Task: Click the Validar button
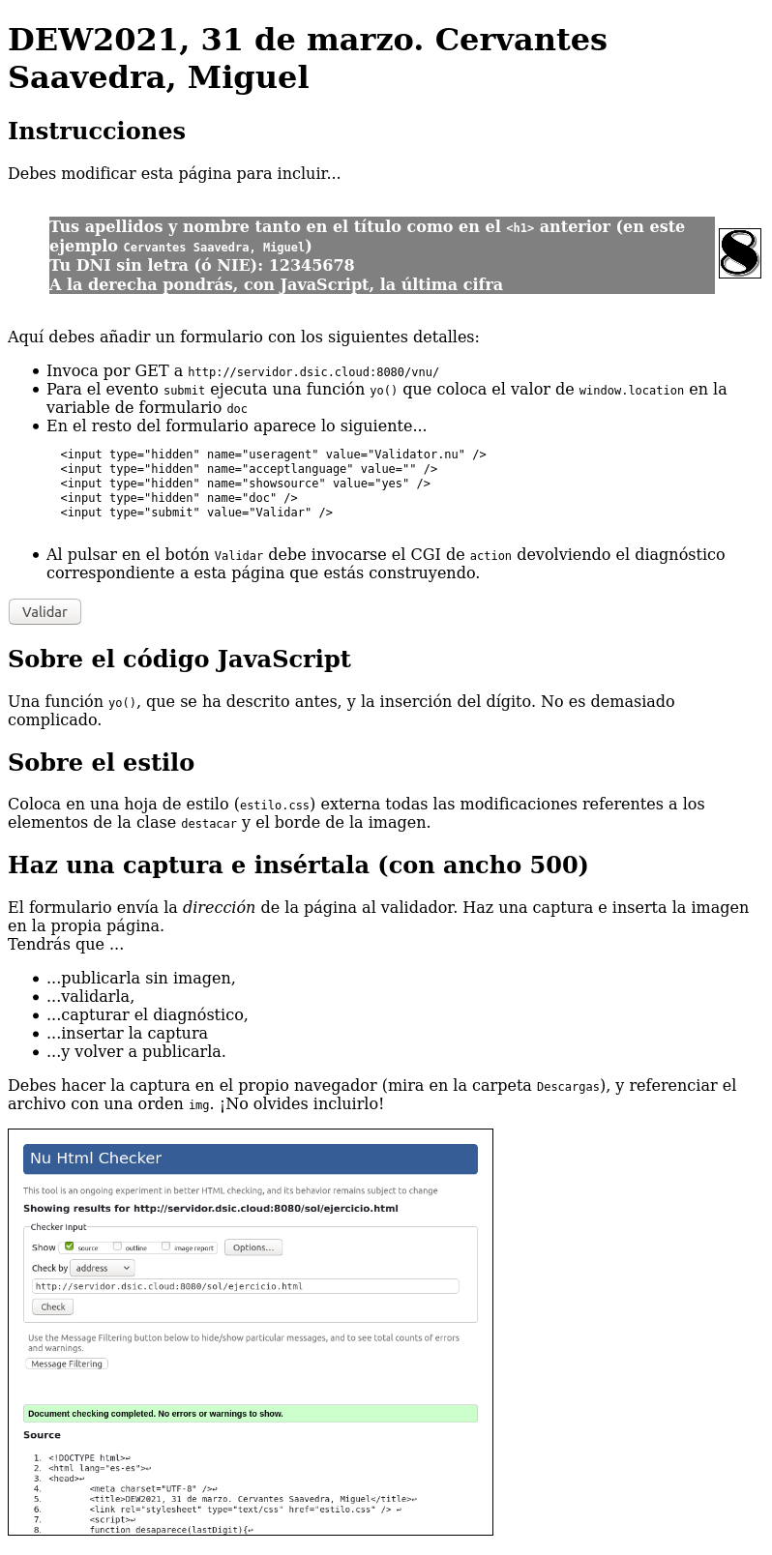pos(45,612)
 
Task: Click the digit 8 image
pos(740,253)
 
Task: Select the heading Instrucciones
pos(96,132)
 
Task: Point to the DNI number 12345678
pos(312,265)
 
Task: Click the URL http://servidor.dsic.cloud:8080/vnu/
pos(313,372)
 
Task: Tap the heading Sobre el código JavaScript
pos(179,660)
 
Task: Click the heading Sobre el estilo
pos(101,763)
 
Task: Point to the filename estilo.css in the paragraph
pos(275,805)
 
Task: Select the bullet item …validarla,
pos(90,997)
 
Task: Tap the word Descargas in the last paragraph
pos(569,1087)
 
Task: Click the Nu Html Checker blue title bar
pos(250,1159)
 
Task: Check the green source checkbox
pos(70,1247)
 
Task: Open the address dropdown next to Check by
pos(103,1268)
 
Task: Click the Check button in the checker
pos(52,1306)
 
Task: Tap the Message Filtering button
pos(67,1364)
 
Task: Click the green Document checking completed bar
pos(250,1414)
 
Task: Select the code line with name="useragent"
pos(273,455)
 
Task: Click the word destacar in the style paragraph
pos(208,824)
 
